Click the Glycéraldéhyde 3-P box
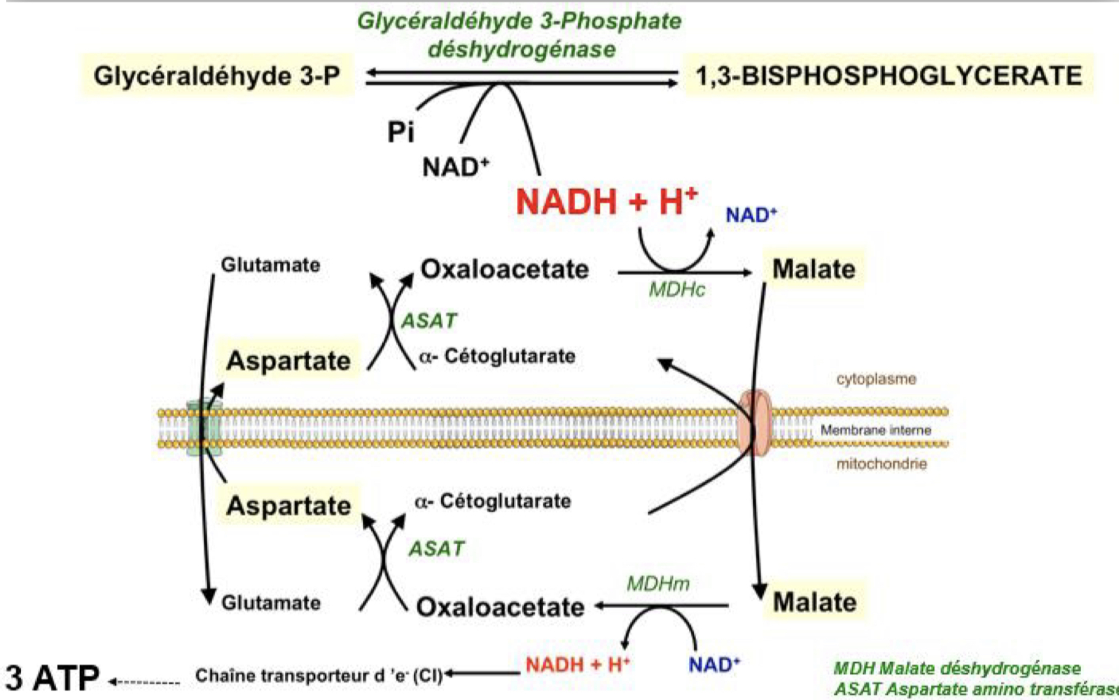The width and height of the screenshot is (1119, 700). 217,76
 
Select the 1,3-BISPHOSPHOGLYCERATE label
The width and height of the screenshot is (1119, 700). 888,76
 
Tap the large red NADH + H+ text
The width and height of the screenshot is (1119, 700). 606,201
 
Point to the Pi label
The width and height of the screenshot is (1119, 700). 400,132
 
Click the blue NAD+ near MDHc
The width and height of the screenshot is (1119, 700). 751,215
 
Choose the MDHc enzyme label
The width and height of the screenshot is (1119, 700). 676,290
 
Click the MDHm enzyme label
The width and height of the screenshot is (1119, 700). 658,583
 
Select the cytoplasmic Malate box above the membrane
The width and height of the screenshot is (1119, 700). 813,269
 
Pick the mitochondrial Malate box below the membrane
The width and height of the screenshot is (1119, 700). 814,601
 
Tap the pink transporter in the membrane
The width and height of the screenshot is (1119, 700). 755,423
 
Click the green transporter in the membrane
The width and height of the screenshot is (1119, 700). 204,428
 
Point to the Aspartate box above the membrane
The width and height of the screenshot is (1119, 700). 288,360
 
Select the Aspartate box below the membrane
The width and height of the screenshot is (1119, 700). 288,506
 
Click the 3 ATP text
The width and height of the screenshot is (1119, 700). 52,678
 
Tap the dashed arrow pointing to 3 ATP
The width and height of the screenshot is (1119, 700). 145,682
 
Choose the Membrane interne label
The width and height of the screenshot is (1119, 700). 875,430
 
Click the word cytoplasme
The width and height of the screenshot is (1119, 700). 876,379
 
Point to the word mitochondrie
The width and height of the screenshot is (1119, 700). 881,464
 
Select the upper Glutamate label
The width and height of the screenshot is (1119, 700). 270,265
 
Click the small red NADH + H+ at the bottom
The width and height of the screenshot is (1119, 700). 577,665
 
